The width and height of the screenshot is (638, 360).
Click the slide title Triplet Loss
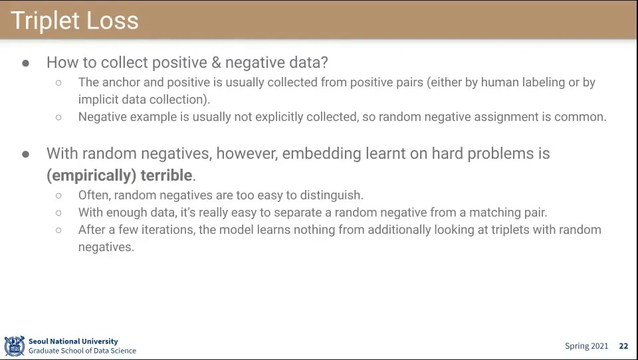tap(74, 21)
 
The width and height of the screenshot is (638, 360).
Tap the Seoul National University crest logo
tap(14, 346)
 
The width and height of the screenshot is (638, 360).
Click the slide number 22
tap(623, 346)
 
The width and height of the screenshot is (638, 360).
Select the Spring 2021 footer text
tap(586, 346)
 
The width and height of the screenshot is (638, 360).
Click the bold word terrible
tap(166, 175)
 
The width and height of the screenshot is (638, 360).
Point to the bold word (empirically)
tap(91, 176)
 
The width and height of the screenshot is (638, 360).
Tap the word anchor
tap(121, 82)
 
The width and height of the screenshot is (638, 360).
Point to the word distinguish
tap(330, 195)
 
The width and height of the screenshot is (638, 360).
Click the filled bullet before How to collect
tap(26, 63)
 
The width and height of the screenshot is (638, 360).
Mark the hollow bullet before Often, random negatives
tap(58, 196)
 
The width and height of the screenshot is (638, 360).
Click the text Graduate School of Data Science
tap(82, 351)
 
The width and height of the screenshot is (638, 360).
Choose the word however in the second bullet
tap(247, 153)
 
